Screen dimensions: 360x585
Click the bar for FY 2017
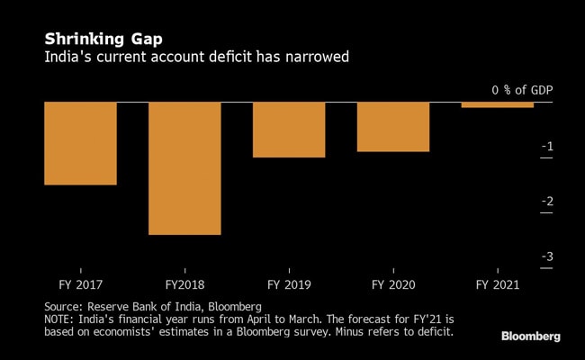point(80,143)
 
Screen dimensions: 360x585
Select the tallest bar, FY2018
point(184,168)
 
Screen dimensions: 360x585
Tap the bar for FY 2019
point(289,130)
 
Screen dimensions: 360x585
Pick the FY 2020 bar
point(393,127)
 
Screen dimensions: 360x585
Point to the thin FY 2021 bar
point(498,104)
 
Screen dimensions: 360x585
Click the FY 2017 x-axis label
point(80,284)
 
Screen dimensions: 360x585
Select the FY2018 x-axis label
point(184,284)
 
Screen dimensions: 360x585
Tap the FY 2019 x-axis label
point(289,284)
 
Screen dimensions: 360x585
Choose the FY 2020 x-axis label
point(393,284)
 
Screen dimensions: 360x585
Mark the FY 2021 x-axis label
point(498,284)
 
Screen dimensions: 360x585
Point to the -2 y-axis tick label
point(547,202)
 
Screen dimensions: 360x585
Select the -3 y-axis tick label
point(547,257)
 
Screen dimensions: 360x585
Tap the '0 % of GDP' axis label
point(522,90)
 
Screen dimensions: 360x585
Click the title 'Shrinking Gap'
point(92,40)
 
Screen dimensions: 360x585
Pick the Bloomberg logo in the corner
point(530,337)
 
